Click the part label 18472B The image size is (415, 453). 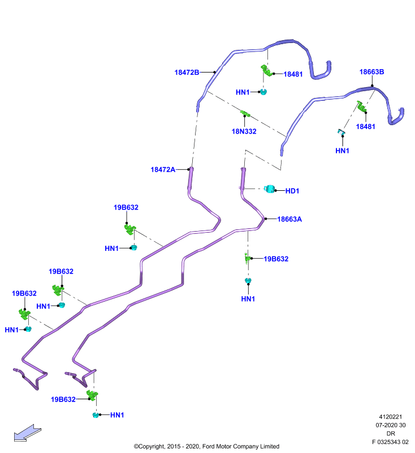[187, 72]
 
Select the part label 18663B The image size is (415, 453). [371, 72]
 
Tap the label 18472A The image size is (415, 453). [163, 169]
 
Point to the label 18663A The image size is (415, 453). [289, 219]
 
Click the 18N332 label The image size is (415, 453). [244, 131]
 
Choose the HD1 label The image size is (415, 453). [292, 191]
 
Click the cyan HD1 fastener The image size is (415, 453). [270, 189]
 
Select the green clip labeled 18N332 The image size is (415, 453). [245, 113]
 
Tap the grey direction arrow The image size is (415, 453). [28, 433]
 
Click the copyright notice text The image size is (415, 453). [206, 446]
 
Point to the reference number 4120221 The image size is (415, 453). [390, 417]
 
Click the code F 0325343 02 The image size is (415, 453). [390, 442]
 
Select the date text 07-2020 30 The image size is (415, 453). [391, 425]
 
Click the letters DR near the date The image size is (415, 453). [391, 433]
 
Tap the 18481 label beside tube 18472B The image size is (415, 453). [293, 74]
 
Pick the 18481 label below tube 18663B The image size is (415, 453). [365, 126]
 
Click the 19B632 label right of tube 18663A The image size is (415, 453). [276, 259]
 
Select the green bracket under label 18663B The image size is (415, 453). [361, 107]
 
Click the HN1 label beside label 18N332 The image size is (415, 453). [243, 92]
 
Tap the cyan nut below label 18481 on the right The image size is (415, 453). [341, 133]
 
